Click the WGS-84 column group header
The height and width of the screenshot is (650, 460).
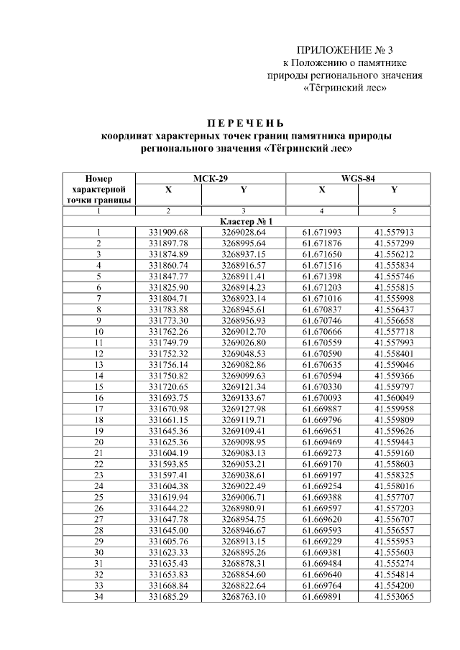click(358, 177)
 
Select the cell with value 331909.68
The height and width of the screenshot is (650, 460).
click(168, 232)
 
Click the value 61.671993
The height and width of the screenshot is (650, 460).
click(321, 232)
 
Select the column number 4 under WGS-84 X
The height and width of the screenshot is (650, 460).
click(321, 211)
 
